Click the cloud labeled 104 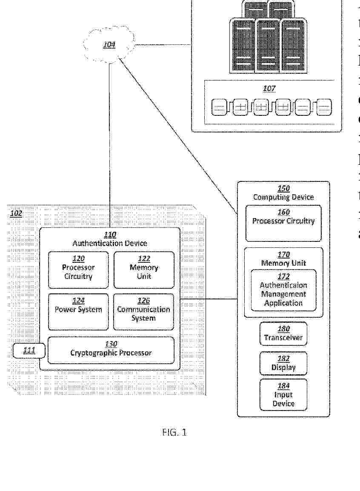click(x=109, y=44)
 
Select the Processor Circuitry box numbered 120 click(x=78, y=269)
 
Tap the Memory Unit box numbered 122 click(x=144, y=269)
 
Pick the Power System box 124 click(x=78, y=311)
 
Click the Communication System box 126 click(x=144, y=311)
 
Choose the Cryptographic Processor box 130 click(x=111, y=350)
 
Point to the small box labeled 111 click(x=29, y=351)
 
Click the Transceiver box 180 click(x=283, y=333)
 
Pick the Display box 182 click(x=283, y=363)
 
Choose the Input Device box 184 click(x=283, y=395)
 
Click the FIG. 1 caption click(x=174, y=433)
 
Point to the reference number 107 click(x=269, y=89)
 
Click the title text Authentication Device click(x=110, y=244)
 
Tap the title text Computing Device click(x=283, y=197)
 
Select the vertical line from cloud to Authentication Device click(x=110, y=145)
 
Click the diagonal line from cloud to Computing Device click(x=179, y=136)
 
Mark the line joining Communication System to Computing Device click(x=209, y=299)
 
